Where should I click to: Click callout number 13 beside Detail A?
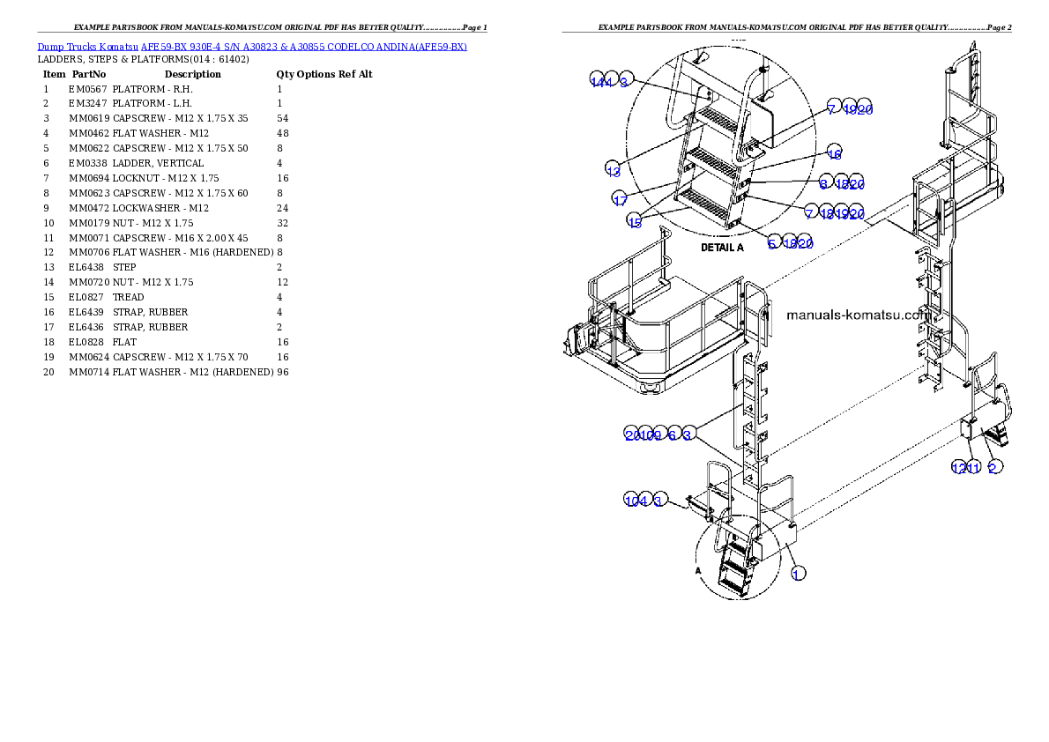pos(614,168)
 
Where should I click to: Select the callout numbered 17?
pos(621,199)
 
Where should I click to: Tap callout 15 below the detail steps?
pos(635,221)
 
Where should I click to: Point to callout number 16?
pos(834,152)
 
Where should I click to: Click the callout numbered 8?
pos(823,182)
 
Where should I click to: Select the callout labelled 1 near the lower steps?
pos(797,573)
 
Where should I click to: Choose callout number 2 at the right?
pos(993,467)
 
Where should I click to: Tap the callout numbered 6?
pos(672,434)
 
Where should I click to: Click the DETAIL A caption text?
pos(722,248)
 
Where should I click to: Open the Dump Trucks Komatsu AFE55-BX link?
pos(252,47)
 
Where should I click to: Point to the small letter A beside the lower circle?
pos(698,570)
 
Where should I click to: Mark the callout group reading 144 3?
pos(610,82)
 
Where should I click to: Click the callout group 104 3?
pos(647,501)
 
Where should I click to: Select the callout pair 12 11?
pos(965,467)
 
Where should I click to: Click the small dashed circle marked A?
pos(739,557)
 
